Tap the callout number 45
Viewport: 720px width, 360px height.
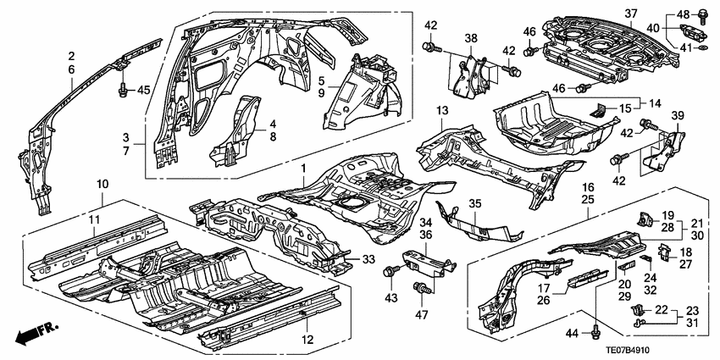[x=143, y=90]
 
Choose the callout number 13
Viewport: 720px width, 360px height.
[x=441, y=111]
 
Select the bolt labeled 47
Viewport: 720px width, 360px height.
[x=418, y=291]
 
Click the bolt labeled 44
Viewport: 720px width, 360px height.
[x=599, y=322]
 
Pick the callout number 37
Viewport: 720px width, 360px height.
[x=630, y=13]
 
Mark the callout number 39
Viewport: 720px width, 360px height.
[x=678, y=115]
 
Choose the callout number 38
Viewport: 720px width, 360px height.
[x=470, y=37]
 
